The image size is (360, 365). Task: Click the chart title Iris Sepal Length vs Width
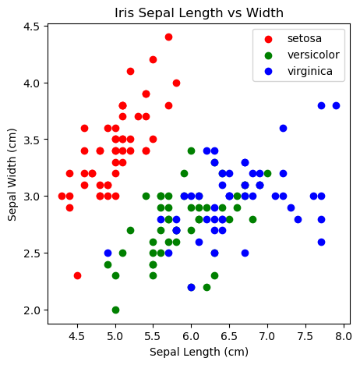(x=199, y=12)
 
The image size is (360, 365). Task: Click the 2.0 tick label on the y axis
(x=31, y=310)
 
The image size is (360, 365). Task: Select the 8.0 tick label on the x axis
(x=344, y=336)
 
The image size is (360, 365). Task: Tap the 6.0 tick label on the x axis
(x=191, y=336)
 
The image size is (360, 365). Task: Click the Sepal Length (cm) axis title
(x=199, y=352)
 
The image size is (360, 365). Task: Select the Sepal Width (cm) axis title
(x=12, y=175)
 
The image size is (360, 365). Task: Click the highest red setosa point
(x=168, y=37)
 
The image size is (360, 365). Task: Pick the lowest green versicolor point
(x=115, y=310)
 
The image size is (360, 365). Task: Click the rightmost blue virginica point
(x=336, y=105)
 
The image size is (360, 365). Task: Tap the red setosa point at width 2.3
(x=77, y=275)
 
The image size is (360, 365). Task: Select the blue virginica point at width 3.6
(x=283, y=128)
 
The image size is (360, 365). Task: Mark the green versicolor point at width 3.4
(x=191, y=151)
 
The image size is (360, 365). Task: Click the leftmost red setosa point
(x=62, y=196)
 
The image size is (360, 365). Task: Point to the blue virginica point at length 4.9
(x=108, y=253)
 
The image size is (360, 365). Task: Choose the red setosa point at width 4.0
(x=176, y=83)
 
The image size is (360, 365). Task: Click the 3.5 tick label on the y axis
(x=31, y=140)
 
